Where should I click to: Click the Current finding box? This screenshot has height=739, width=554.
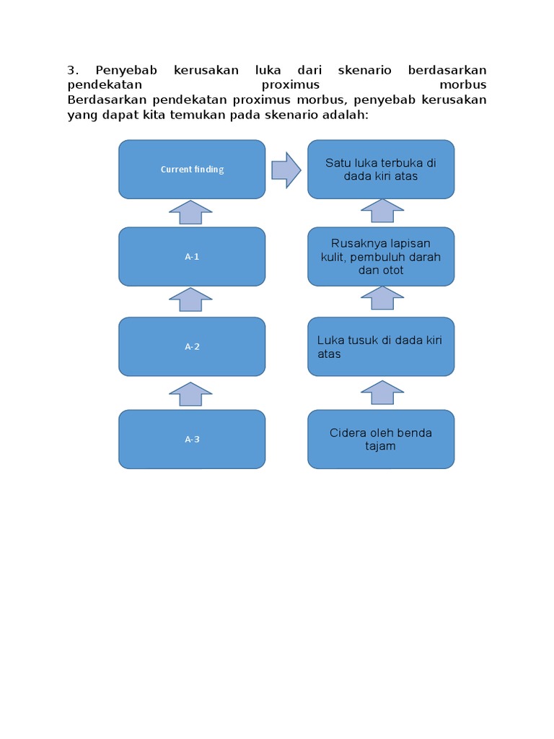pyautogui.click(x=192, y=170)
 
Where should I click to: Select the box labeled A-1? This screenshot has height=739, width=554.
pyautogui.click(x=192, y=256)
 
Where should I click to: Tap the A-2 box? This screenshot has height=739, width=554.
pyautogui.click(x=192, y=346)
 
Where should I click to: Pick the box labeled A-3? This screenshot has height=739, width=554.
pyautogui.click(x=192, y=439)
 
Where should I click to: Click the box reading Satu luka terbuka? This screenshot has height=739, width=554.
pyautogui.click(x=381, y=170)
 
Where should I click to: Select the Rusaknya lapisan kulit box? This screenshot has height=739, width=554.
pyautogui.click(x=381, y=256)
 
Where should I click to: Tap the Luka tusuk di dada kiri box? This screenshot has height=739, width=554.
pyautogui.click(x=381, y=346)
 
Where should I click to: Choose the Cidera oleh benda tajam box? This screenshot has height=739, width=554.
pyautogui.click(x=381, y=439)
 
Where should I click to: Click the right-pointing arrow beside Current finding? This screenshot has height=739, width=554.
pyautogui.click(x=286, y=170)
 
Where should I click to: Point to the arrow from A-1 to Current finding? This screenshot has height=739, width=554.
pyautogui.click(x=190, y=212)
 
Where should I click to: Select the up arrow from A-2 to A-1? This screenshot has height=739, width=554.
pyautogui.click(x=190, y=299)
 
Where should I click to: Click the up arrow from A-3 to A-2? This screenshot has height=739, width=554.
pyautogui.click(x=190, y=394)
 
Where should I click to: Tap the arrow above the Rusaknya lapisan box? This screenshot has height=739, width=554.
pyautogui.click(x=382, y=211)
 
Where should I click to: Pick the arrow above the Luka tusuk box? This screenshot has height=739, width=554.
pyautogui.click(x=382, y=298)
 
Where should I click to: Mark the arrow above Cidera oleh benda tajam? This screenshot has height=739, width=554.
pyautogui.click(x=382, y=393)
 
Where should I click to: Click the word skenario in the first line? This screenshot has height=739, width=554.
pyautogui.click(x=364, y=70)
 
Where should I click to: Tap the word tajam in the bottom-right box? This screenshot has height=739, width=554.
pyautogui.click(x=381, y=446)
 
